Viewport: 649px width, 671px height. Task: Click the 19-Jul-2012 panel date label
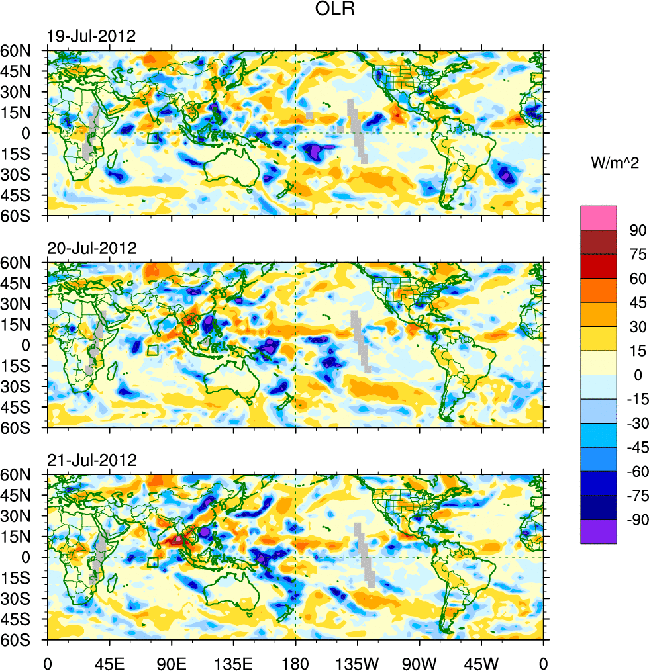pyautogui.click(x=91, y=36)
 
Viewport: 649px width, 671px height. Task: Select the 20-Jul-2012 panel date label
pyautogui.click(x=91, y=249)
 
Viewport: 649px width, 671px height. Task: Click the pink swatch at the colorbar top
pyautogui.click(x=599, y=218)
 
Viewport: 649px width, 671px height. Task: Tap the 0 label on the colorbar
pyautogui.click(x=638, y=375)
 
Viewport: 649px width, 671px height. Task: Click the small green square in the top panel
pyautogui.click(x=153, y=138)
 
